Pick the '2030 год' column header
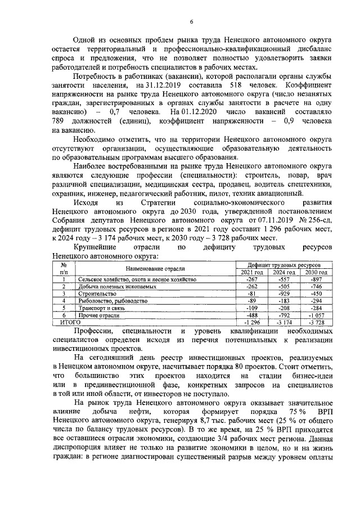pos(316,272)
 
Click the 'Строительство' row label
pos(97,294)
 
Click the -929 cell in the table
pos(283,294)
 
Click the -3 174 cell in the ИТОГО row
pos(283,323)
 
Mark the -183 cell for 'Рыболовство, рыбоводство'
pos(283,301)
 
